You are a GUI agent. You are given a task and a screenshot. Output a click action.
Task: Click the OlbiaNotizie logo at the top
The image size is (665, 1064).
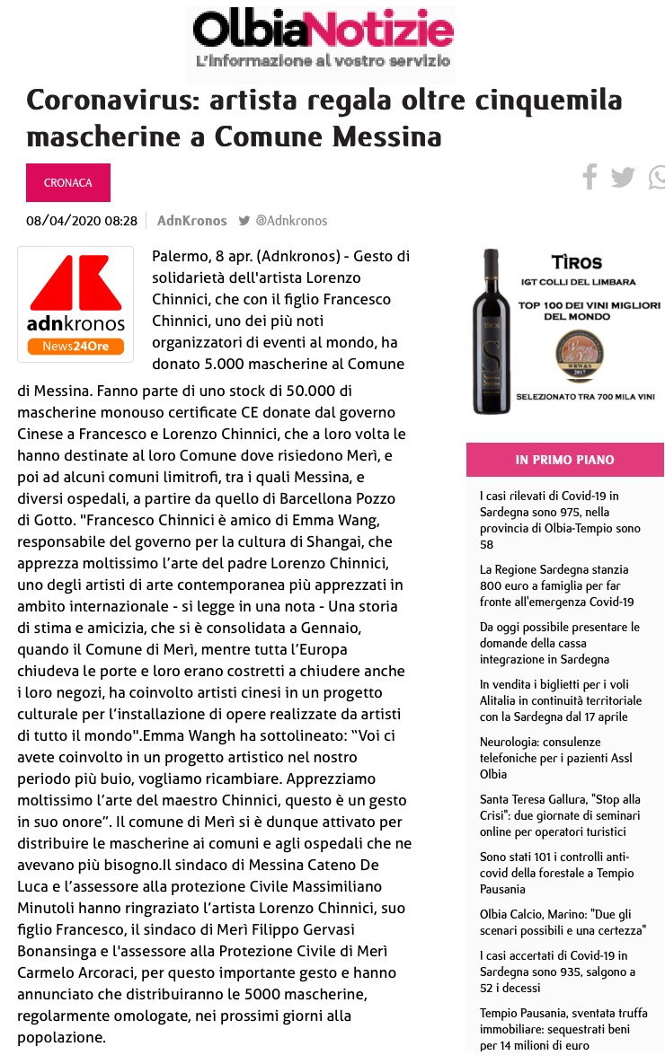321,41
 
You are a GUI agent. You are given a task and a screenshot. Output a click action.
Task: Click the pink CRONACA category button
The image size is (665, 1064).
68,182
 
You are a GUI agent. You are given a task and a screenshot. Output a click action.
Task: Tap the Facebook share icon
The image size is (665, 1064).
590,177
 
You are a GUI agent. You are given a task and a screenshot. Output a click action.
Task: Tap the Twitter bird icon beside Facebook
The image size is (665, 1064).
622,177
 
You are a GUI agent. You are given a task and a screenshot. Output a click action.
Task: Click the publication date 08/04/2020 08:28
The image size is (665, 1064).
82,221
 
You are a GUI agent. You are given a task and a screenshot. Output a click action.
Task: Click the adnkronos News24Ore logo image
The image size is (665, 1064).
75,304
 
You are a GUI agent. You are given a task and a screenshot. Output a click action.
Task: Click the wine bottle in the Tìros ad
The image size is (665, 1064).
492,331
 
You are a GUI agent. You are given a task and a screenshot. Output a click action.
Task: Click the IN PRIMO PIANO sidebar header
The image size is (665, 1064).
564,460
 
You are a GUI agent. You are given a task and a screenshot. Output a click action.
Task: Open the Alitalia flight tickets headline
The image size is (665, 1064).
561,700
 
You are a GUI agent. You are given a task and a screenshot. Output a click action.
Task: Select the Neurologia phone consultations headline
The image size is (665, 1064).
556,758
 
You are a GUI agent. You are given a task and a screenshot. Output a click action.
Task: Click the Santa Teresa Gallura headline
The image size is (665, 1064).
558,815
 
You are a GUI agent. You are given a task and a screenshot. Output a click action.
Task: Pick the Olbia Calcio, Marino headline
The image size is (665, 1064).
563,921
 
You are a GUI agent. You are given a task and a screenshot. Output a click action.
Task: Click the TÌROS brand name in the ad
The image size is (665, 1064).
577,264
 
